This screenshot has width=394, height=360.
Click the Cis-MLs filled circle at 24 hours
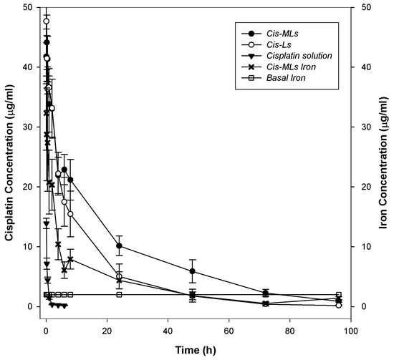119,245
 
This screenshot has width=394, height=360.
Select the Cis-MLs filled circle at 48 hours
193,271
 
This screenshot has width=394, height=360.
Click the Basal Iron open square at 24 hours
119,294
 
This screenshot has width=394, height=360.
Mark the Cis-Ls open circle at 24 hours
119,277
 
